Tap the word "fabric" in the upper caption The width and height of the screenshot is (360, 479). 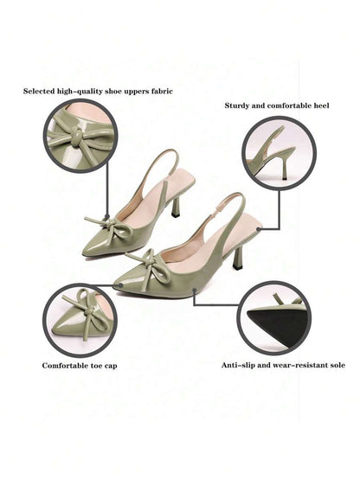(x=162, y=91)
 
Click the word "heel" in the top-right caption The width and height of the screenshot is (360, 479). (x=321, y=105)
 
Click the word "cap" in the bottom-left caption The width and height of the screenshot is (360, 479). (x=111, y=366)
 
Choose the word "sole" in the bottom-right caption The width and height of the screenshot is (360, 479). (x=337, y=365)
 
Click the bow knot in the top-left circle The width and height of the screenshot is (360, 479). (x=77, y=134)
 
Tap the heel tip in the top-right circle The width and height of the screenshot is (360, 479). (x=285, y=177)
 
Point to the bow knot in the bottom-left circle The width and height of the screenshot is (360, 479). (x=88, y=311)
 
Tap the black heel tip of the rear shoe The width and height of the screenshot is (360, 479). (x=176, y=214)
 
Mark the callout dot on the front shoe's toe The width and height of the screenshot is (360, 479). (x=121, y=285)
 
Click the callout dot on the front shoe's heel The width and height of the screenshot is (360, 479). (x=259, y=228)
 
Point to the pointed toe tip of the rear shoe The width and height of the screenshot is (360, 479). (x=84, y=252)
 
